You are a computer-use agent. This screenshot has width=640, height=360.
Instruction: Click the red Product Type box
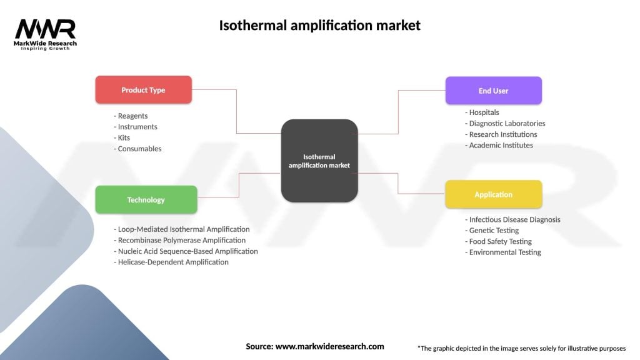143,90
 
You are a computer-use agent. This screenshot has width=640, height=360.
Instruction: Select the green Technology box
146,200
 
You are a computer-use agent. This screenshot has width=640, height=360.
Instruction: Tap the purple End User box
493,91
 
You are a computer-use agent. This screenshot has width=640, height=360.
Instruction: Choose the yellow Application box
493,194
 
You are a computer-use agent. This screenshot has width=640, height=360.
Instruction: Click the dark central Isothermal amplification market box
319,161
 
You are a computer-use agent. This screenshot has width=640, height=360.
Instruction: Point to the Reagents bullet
131,116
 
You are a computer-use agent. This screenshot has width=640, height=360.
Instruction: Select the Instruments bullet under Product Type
136,127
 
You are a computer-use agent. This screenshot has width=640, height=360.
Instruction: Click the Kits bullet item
123,137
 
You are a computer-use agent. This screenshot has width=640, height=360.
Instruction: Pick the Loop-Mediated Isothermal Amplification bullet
182,229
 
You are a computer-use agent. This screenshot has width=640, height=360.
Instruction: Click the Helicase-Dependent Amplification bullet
171,262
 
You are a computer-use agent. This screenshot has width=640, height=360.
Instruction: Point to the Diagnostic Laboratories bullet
505,124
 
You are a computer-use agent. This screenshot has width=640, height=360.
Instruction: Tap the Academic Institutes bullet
499,145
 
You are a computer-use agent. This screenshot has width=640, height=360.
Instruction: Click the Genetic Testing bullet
492,231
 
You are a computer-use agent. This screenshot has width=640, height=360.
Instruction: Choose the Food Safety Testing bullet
498,241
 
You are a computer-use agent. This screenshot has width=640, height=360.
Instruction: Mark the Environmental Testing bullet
503,252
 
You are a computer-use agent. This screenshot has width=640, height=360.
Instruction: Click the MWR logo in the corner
46,33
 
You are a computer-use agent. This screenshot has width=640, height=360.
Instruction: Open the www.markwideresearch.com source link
329,346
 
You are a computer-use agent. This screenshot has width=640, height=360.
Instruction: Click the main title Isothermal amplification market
319,26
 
